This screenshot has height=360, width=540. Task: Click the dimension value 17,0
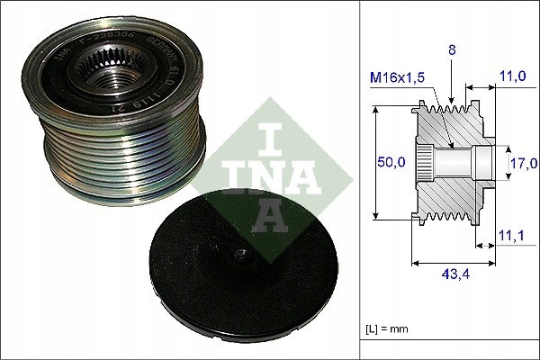coord(523,163)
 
